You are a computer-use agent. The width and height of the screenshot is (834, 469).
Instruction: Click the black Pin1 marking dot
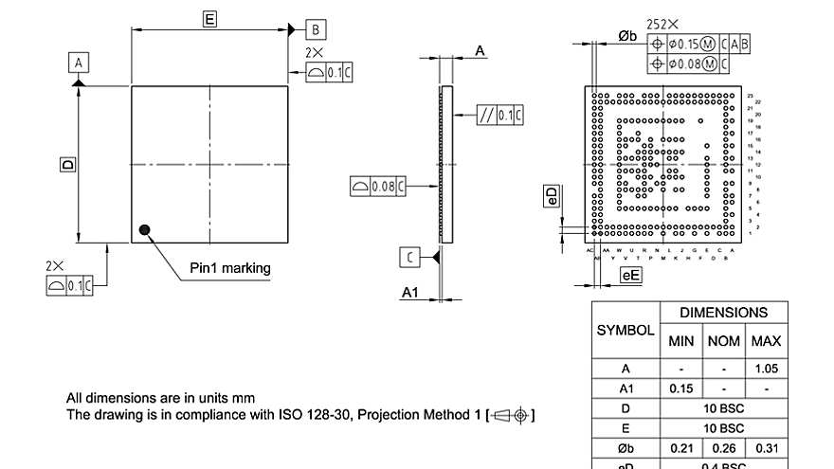click(x=144, y=228)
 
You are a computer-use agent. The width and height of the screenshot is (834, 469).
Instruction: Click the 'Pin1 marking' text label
click(x=229, y=268)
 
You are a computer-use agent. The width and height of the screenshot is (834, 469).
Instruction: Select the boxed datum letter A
click(x=79, y=63)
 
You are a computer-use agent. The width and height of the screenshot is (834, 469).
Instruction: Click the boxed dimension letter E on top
click(x=209, y=18)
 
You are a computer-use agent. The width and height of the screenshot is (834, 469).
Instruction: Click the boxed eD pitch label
click(x=553, y=195)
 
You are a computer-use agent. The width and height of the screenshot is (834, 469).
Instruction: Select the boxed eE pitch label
click(x=630, y=275)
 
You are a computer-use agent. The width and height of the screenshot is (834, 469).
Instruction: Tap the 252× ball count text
click(x=662, y=25)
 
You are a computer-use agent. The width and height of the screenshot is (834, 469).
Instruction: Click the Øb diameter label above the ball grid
click(x=627, y=35)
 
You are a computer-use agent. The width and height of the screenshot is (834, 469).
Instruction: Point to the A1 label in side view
click(x=409, y=293)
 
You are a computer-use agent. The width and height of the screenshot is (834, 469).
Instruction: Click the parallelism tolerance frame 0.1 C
click(x=500, y=116)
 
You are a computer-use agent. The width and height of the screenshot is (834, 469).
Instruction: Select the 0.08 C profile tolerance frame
click(x=377, y=186)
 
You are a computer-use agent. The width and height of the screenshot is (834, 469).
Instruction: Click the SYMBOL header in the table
click(x=625, y=331)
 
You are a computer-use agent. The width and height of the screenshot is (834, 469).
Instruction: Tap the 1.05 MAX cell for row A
click(x=766, y=368)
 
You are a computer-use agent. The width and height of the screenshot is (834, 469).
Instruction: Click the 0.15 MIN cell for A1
click(x=680, y=388)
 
